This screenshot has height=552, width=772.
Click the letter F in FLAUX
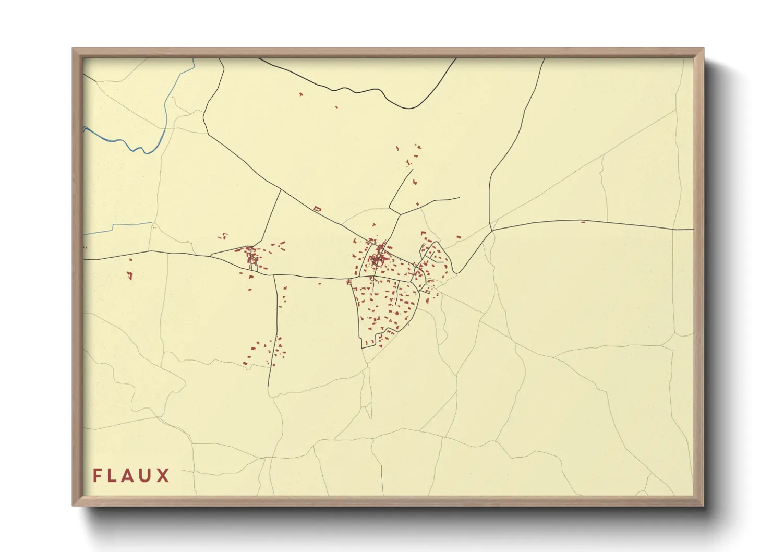tap(97, 475)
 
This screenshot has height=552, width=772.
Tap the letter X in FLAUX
tap(163, 475)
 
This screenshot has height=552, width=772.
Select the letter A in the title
tap(129, 475)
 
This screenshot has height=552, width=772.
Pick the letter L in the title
tap(113, 475)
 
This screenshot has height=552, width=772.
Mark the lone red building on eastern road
tap(583, 222)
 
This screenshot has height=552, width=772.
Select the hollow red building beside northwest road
tap(317, 209)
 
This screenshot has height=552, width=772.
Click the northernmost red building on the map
tap(300, 94)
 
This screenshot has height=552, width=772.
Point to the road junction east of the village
tap(492, 230)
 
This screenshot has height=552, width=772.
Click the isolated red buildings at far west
tap(129, 274)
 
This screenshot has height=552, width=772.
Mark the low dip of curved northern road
tap(411, 108)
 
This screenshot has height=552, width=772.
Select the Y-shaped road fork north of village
tap(400, 213)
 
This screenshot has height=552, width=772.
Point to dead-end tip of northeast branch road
tap(459, 198)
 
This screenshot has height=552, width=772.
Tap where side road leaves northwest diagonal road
tap(281, 189)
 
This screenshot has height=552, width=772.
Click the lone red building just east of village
tap(459, 238)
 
